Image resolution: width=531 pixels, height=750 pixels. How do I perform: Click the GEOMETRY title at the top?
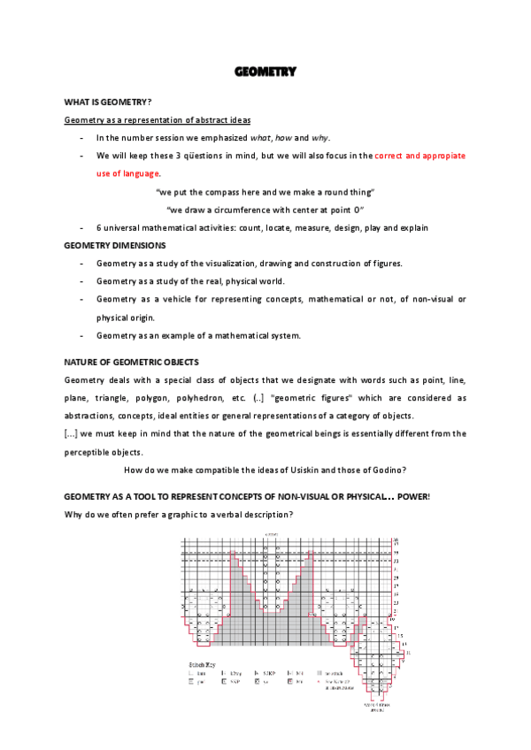click(x=265, y=72)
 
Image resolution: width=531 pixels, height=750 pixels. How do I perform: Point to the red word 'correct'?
click(x=390, y=156)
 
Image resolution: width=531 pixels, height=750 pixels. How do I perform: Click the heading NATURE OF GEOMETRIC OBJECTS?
click(x=131, y=362)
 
